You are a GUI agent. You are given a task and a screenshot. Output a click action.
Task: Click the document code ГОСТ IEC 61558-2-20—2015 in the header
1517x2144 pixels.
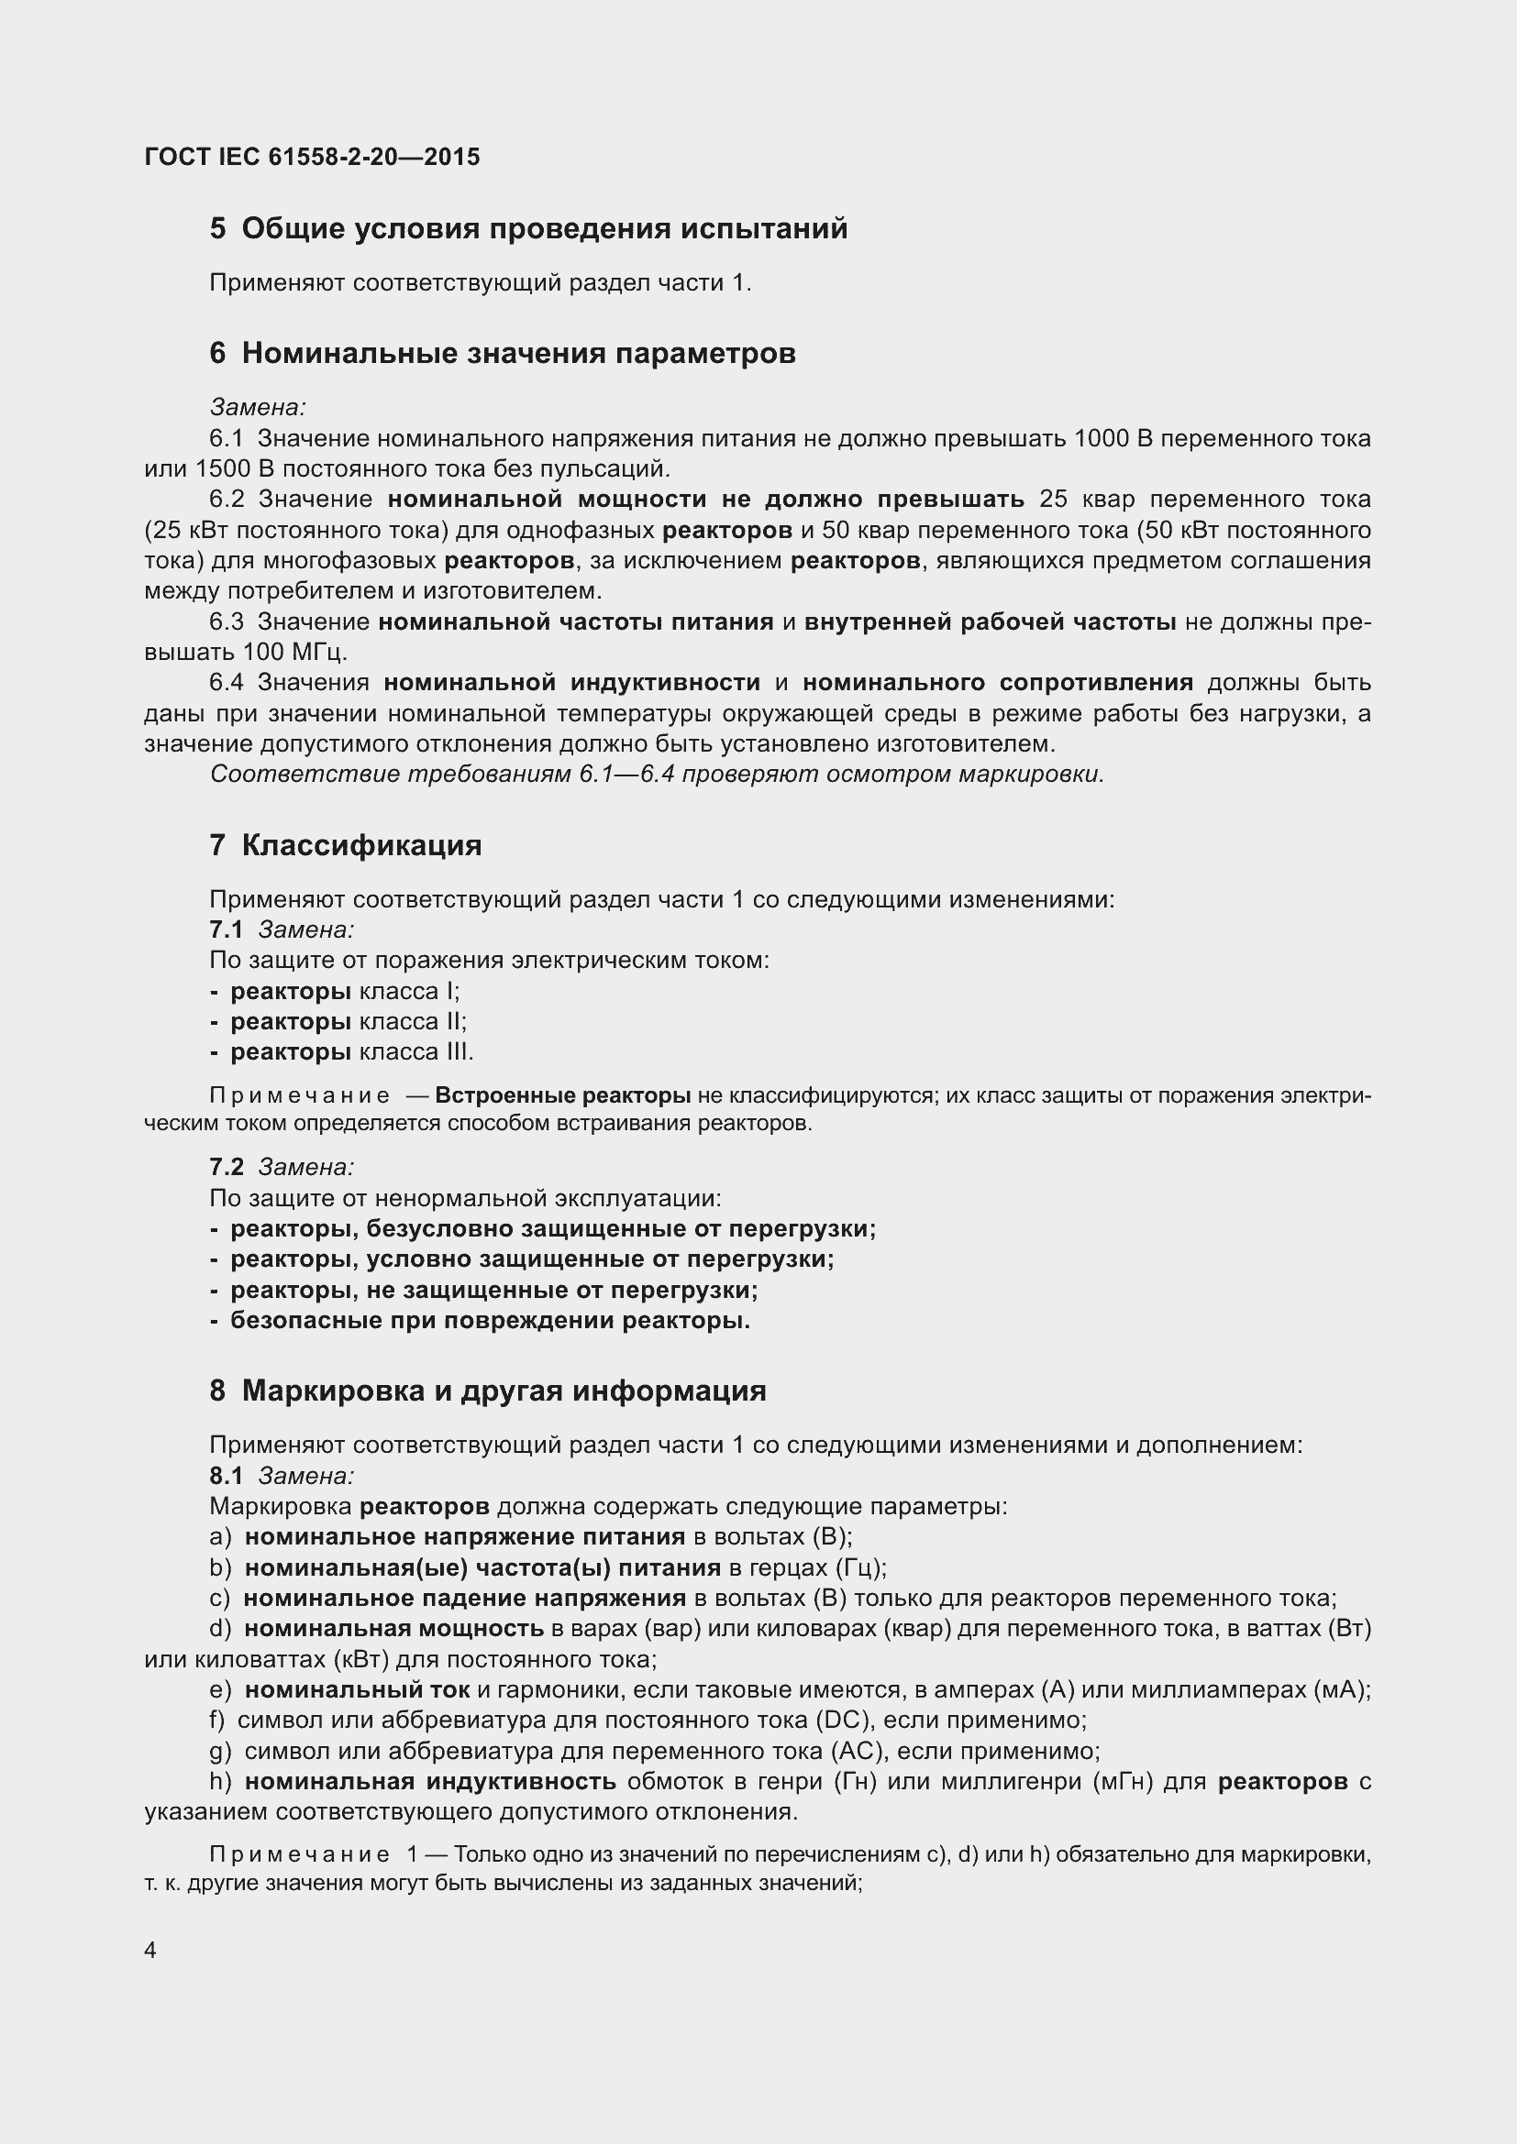pyautogui.click(x=312, y=157)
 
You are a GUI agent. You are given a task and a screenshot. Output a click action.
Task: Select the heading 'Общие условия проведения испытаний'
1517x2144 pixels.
pyautogui.click(x=544, y=229)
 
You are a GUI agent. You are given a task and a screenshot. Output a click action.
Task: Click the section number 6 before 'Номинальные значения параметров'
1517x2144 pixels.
pyautogui.click(x=217, y=354)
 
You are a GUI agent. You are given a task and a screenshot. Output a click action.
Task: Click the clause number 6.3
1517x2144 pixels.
pyautogui.click(x=226, y=621)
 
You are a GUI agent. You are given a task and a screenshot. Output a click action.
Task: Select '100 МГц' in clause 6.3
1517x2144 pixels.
pyautogui.click(x=294, y=652)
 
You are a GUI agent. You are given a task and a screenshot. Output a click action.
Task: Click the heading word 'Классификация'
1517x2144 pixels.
pyautogui.click(x=361, y=846)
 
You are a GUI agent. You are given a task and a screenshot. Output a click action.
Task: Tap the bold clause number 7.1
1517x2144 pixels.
pyautogui.click(x=226, y=930)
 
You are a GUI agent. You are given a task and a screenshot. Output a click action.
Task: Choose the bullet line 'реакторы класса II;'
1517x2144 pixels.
pyautogui.click(x=348, y=1021)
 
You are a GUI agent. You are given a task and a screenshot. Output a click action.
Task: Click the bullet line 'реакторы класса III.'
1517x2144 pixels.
pyautogui.click(x=351, y=1052)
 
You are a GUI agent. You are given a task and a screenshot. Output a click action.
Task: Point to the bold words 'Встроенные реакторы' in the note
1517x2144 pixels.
pyautogui.click(x=562, y=1095)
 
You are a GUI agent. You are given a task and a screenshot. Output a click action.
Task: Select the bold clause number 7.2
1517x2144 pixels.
pyautogui.click(x=226, y=1167)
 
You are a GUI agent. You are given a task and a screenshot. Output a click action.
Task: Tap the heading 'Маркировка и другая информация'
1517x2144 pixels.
pyautogui.click(x=504, y=1391)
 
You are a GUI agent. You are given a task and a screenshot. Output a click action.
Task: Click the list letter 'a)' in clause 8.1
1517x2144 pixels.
pyautogui.click(x=220, y=1537)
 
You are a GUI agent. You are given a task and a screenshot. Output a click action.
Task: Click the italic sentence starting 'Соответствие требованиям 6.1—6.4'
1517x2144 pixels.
pyautogui.click(x=657, y=775)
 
